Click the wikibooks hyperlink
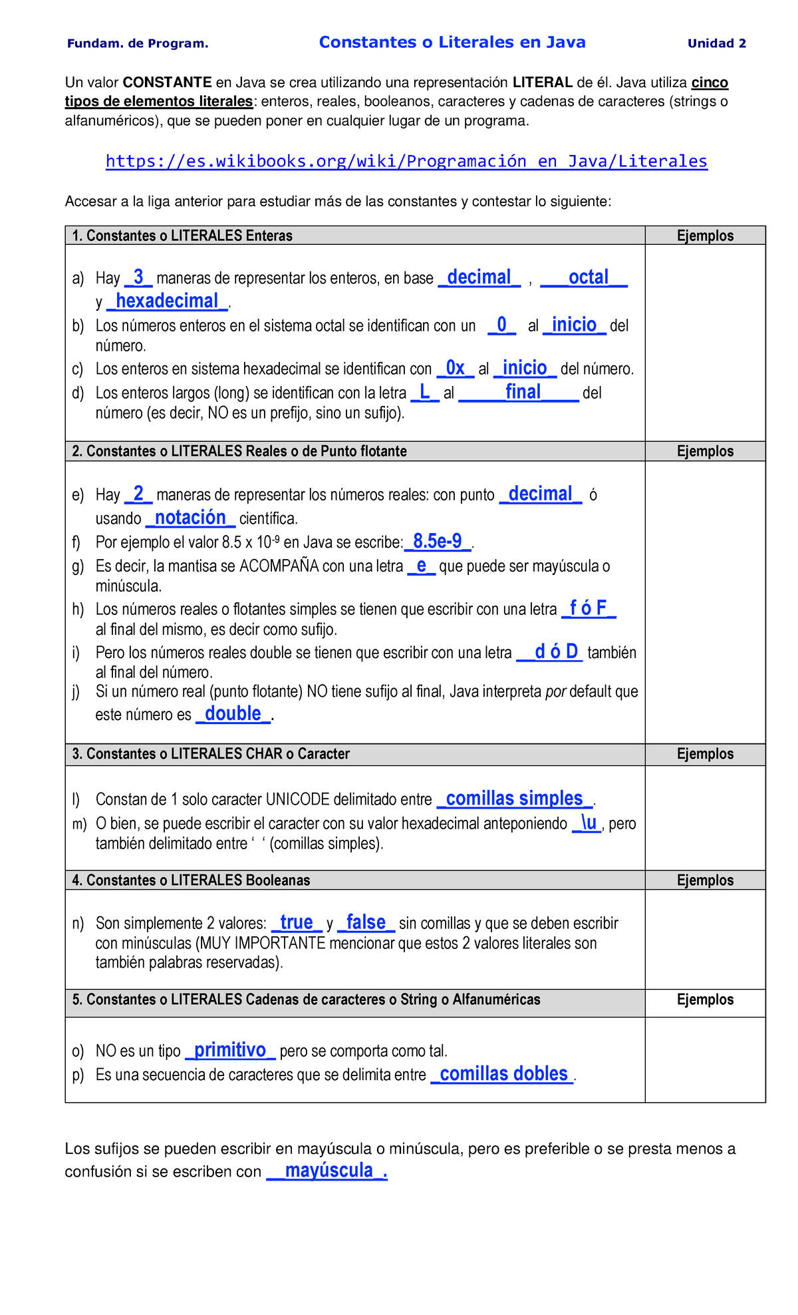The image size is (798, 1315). pyautogui.click(x=406, y=161)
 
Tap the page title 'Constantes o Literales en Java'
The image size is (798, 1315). pyautogui.click(x=452, y=43)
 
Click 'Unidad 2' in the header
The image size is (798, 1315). pyautogui.click(x=716, y=44)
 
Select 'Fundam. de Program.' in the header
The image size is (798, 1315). pyautogui.click(x=138, y=44)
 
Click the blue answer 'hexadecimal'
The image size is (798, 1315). pyautogui.click(x=168, y=301)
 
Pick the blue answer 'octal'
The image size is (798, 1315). pyautogui.click(x=588, y=277)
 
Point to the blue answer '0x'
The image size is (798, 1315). pyautogui.click(x=455, y=368)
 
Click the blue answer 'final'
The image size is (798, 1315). pyautogui.click(x=523, y=392)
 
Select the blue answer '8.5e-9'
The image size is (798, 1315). pyautogui.click(x=438, y=541)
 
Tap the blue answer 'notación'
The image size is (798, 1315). pyautogui.click(x=191, y=517)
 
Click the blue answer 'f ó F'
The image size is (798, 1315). pyautogui.click(x=589, y=608)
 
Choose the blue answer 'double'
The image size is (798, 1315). pyautogui.click(x=233, y=713)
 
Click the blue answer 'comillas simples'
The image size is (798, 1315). pyautogui.click(x=514, y=798)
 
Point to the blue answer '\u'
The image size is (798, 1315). pyautogui.click(x=587, y=823)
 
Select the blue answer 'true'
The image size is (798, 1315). pyautogui.click(x=297, y=922)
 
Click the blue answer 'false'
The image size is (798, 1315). pyautogui.click(x=366, y=922)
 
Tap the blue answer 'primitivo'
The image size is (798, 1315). pyautogui.click(x=230, y=1049)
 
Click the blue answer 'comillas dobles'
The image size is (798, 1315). pyautogui.click(x=503, y=1073)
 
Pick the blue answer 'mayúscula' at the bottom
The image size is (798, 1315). pyautogui.click(x=329, y=1171)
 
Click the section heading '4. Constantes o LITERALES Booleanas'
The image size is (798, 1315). pyautogui.click(x=191, y=880)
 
